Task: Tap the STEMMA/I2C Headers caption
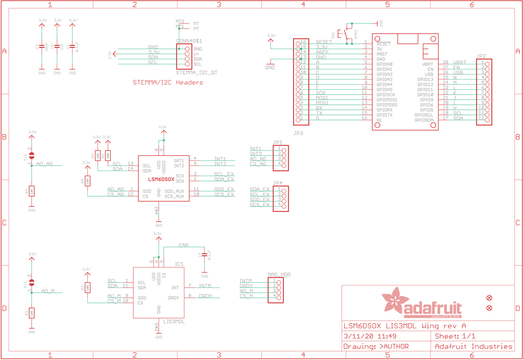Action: click(168, 83)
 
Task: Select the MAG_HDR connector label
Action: click(279, 275)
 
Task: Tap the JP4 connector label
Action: click(278, 183)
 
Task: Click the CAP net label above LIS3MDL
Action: click(183, 245)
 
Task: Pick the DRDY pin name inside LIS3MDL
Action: click(174, 297)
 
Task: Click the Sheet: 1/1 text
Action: click(455, 337)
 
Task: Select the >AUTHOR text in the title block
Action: click(394, 347)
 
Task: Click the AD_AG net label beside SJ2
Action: click(44, 164)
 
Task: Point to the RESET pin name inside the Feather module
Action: click(384, 44)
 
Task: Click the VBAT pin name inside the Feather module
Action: click(427, 64)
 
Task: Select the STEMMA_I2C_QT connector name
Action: click(196, 73)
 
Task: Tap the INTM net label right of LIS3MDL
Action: click(205, 285)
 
